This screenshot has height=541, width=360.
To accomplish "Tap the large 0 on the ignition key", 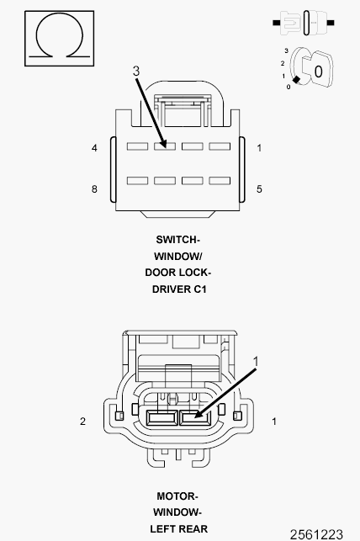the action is [x=318, y=72].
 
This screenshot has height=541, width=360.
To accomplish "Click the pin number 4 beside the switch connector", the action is [x=94, y=148].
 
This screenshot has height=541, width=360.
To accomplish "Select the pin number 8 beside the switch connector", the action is [x=94, y=189].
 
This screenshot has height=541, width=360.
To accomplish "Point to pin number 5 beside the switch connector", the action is [x=259, y=189].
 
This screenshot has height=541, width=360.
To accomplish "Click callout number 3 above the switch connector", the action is [x=136, y=71].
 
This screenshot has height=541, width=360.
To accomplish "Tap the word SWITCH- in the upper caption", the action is [x=178, y=240].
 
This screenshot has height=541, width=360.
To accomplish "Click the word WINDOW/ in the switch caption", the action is [x=178, y=257].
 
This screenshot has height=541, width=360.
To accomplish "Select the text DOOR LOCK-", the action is [x=178, y=273].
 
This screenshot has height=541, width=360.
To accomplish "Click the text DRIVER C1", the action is [x=179, y=289].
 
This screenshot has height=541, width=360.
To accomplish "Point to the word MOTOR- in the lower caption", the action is [x=177, y=496].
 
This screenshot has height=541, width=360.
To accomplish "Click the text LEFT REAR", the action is [x=179, y=529].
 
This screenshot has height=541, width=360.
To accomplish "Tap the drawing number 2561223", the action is [x=316, y=534].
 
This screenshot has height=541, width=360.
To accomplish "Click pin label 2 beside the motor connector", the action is [x=82, y=422].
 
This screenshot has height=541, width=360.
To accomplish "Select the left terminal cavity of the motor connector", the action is [x=161, y=418].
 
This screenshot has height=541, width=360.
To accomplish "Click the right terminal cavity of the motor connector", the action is [x=195, y=418].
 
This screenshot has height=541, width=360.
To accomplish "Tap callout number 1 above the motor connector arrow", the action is [x=256, y=362].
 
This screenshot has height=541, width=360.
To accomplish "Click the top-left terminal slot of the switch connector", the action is [x=137, y=146].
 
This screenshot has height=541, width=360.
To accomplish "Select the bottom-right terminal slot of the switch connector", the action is [x=220, y=180].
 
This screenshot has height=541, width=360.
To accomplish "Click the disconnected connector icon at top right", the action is [x=304, y=23].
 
